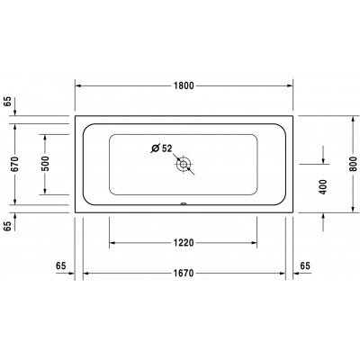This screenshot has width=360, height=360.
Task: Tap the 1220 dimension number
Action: point(183,241)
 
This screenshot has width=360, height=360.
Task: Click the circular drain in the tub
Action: point(184,165)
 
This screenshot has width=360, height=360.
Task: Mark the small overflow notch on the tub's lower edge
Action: point(184,203)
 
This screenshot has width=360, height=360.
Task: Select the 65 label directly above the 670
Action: point(10,101)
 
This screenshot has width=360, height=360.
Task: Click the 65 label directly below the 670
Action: point(10,227)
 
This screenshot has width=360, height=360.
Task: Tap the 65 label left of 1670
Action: point(62,265)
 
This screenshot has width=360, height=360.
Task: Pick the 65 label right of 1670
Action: point(304,265)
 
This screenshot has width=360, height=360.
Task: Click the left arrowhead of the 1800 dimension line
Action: point(77,85)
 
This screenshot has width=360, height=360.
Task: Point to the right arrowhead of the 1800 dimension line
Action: point(289,85)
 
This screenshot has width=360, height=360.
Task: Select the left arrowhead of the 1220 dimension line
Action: point(112,241)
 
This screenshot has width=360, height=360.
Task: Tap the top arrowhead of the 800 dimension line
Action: point(352,118)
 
